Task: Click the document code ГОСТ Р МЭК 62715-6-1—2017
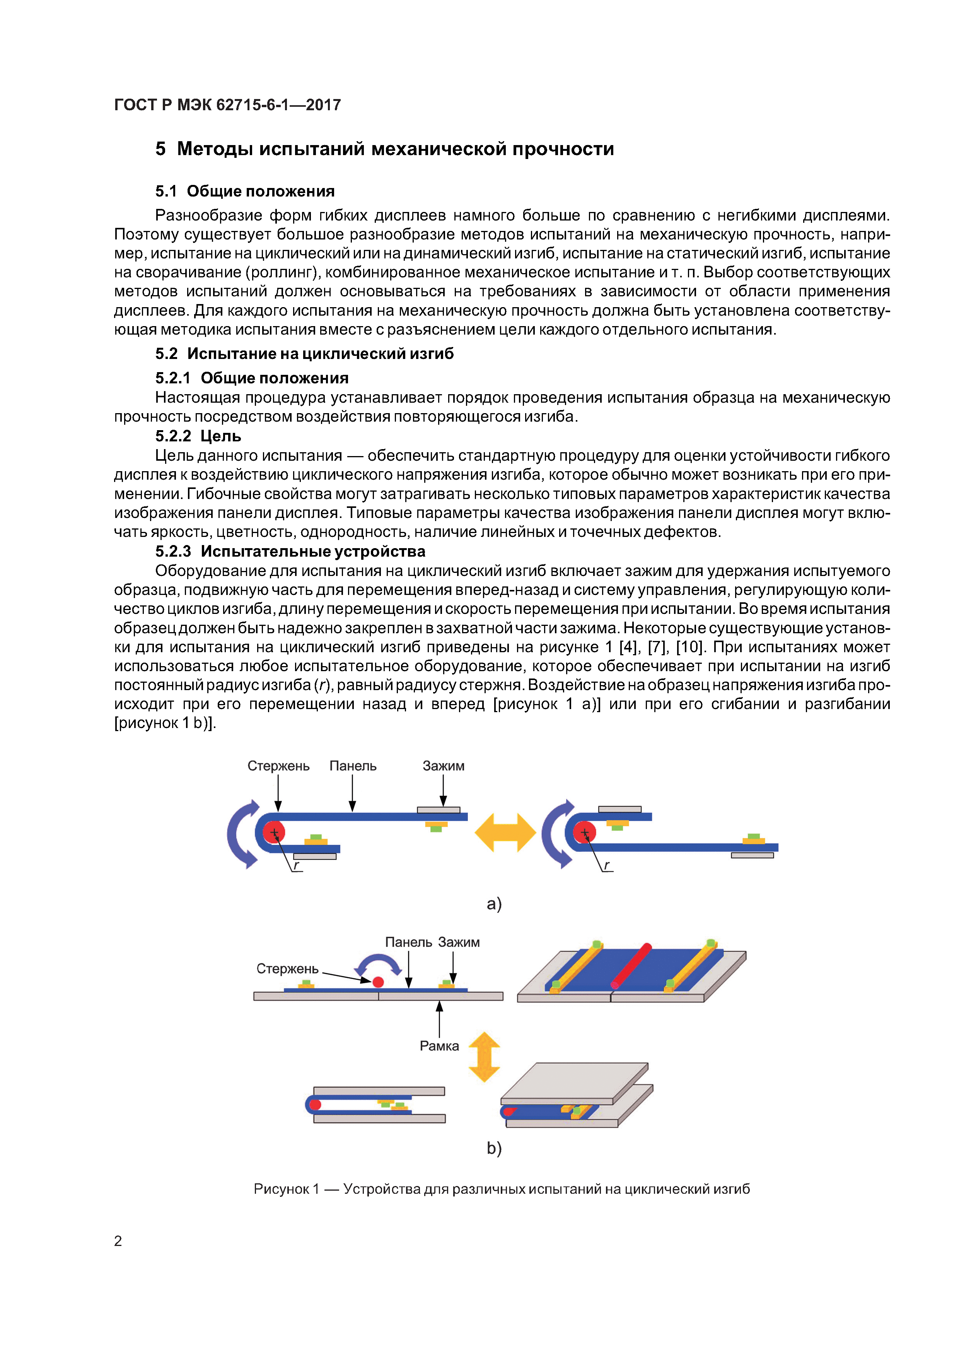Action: coord(227,105)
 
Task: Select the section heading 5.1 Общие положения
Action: coord(245,191)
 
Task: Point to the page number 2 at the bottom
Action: coord(118,1241)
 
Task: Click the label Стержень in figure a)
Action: coord(278,766)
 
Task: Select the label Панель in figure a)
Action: coord(353,766)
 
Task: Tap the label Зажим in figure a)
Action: coord(443,766)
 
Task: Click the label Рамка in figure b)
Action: coord(439,1046)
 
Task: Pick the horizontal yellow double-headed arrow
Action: coord(505,832)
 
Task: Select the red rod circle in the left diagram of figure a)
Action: coord(274,832)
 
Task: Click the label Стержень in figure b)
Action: coord(287,969)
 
